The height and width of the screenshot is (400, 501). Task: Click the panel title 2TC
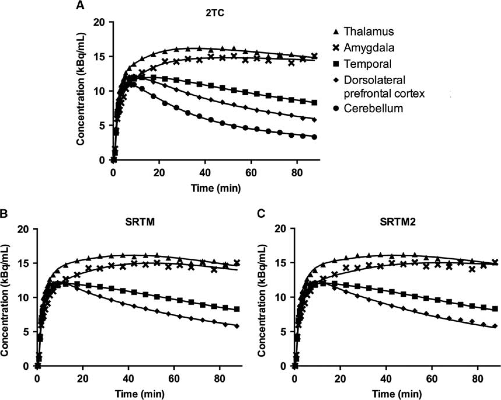pyautogui.click(x=215, y=13)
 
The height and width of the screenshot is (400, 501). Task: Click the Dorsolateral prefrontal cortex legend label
pyautogui.click(x=384, y=87)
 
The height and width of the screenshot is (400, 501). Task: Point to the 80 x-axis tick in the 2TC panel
pyautogui.click(x=297, y=173)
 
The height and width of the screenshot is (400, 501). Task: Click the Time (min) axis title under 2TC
pyautogui.click(x=216, y=188)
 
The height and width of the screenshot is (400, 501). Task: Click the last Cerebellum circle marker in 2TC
pyautogui.click(x=315, y=137)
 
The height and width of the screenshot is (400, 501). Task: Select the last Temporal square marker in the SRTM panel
pyautogui.click(x=237, y=309)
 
